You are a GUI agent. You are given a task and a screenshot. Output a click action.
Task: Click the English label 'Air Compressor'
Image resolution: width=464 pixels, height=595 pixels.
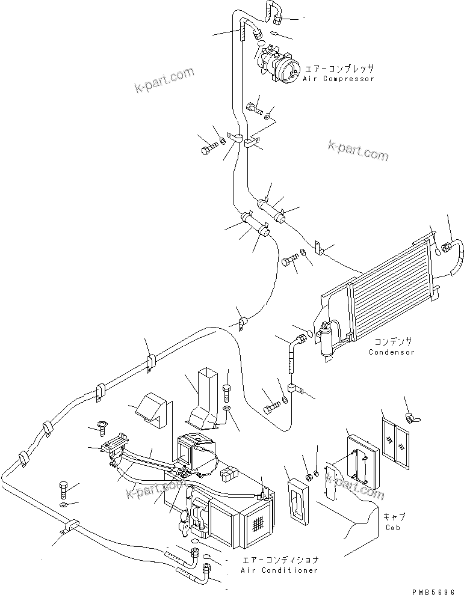tap(338, 79)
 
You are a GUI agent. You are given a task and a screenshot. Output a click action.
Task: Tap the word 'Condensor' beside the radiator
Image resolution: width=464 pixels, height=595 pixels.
tap(391, 352)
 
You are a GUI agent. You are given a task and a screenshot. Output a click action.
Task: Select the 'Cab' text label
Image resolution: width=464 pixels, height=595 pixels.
tap(394, 528)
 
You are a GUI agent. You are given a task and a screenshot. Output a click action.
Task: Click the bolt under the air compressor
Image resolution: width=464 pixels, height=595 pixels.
tap(253, 109)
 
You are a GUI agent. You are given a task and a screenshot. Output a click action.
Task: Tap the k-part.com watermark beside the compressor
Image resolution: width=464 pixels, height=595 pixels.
tap(165, 81)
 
